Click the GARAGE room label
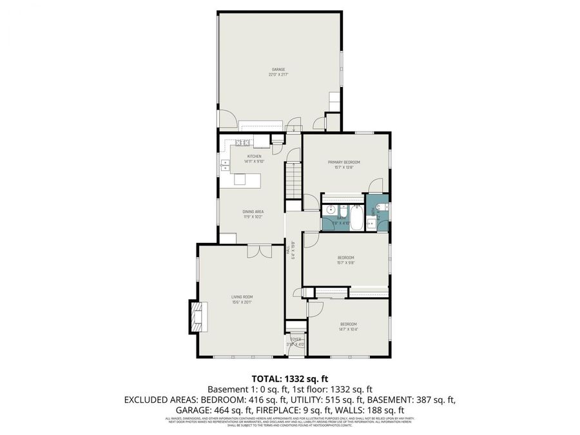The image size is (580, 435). [278, 69]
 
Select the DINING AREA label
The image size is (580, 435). [253, 211]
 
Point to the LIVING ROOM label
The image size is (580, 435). [242, 296]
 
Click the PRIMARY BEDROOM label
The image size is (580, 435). [343, 162]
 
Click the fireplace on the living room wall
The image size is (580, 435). [196, 316]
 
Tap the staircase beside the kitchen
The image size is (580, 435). [293, 180]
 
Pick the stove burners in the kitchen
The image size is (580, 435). [242, 142]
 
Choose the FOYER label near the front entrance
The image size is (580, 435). [295, 339]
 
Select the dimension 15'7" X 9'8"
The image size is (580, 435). [346, 263]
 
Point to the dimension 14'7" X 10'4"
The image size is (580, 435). [348, 329]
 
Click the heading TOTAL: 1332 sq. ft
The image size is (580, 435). [289, 378]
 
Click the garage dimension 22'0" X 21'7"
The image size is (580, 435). [278, 75]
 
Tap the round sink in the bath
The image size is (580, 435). [330, 210]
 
